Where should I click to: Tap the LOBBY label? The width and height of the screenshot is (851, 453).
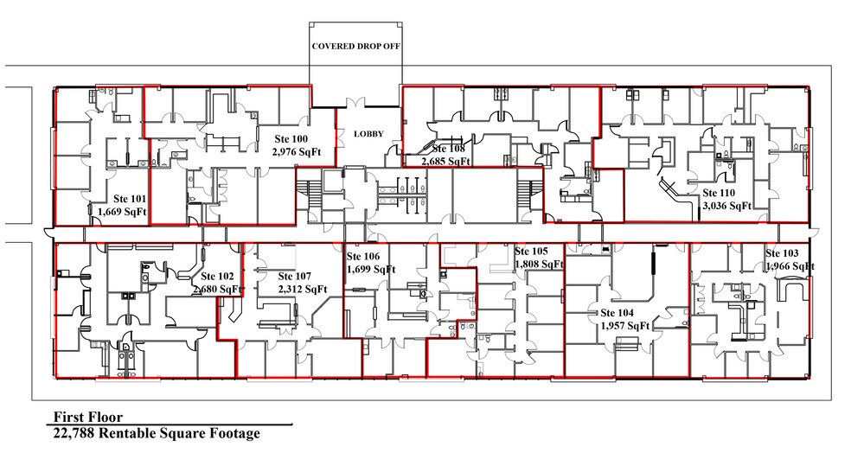[x=368, y=134]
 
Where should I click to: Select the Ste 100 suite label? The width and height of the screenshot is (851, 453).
[x=290, y=138]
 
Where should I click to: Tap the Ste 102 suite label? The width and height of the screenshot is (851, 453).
[x=219, y=276]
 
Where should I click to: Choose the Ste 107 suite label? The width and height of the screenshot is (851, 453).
[x=296, y=277]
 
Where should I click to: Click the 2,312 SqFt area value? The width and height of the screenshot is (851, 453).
[x=302, y=289]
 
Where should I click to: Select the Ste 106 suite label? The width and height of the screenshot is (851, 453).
[x=362, y=257]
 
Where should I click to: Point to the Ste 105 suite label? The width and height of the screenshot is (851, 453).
[x=531, y=251]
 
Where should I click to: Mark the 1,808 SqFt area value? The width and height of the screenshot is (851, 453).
[x=538, y=263]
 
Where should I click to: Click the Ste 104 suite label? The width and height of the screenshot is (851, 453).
[x=617, y=313]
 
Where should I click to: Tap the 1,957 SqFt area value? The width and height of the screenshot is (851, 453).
[x=624, y=326]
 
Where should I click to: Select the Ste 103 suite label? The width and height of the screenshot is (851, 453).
[x=782, y=252]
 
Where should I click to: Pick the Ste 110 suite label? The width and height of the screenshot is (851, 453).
[x=719, y=193]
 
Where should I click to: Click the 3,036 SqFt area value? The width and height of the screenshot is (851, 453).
[x=727, y=206]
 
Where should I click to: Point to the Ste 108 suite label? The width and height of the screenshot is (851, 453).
[x=449, y=148]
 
